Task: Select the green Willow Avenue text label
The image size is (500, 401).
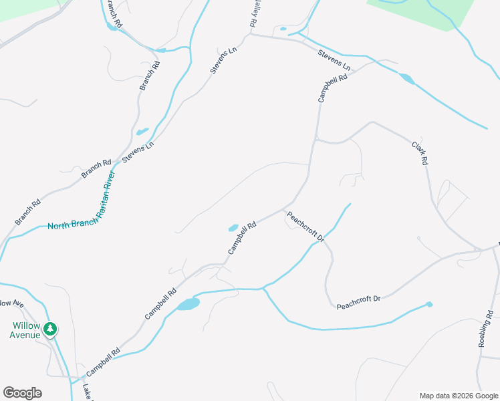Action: click(x=25, y=330)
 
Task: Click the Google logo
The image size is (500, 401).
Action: click(x=22, y=393)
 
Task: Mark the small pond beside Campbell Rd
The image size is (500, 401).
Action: click(x=233, y=227)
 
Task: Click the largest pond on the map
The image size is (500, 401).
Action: click(x=189, y=304)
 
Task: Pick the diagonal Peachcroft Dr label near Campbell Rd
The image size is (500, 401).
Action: click(x=305, y=227)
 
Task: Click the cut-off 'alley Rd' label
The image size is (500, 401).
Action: click(x=253, y=13)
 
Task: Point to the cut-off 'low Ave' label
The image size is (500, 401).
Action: click(x=11, y=304)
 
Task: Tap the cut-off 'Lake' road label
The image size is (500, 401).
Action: click(x=86, y=392)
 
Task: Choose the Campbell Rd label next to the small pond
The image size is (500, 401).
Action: click(x=242, y=239)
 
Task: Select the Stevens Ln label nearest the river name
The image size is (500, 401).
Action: click(x=137, y=154)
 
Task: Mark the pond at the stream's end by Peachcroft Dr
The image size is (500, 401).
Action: click(x=429, y=304)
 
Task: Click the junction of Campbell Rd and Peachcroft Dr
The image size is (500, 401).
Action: click(x=288, y=209)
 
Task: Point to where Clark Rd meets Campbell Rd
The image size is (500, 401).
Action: click(x=315, y=140)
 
